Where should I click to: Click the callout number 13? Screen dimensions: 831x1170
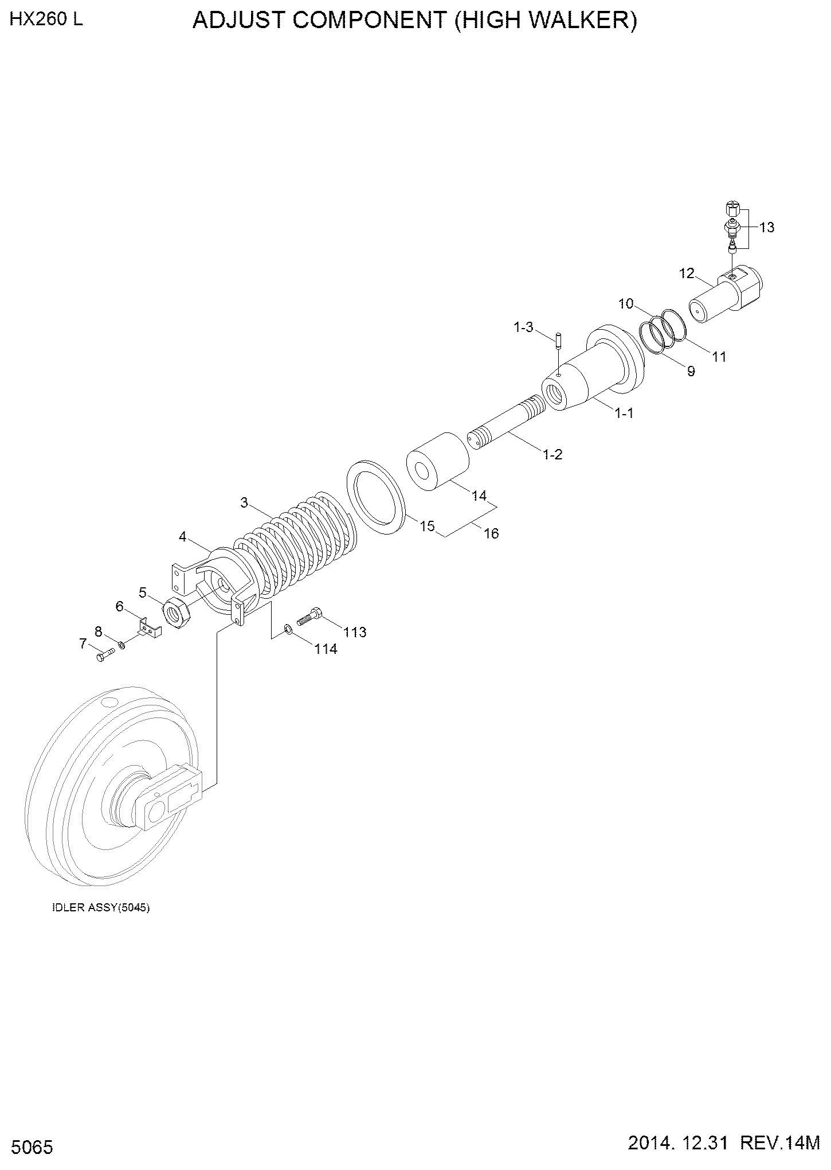coord(767,228)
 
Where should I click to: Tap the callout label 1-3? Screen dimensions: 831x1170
coord(523,327)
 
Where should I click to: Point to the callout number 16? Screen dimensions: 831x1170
coord(491,533)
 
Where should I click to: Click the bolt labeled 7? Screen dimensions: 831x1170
coord(104,656)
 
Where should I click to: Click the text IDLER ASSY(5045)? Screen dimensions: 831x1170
coord(101,908)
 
